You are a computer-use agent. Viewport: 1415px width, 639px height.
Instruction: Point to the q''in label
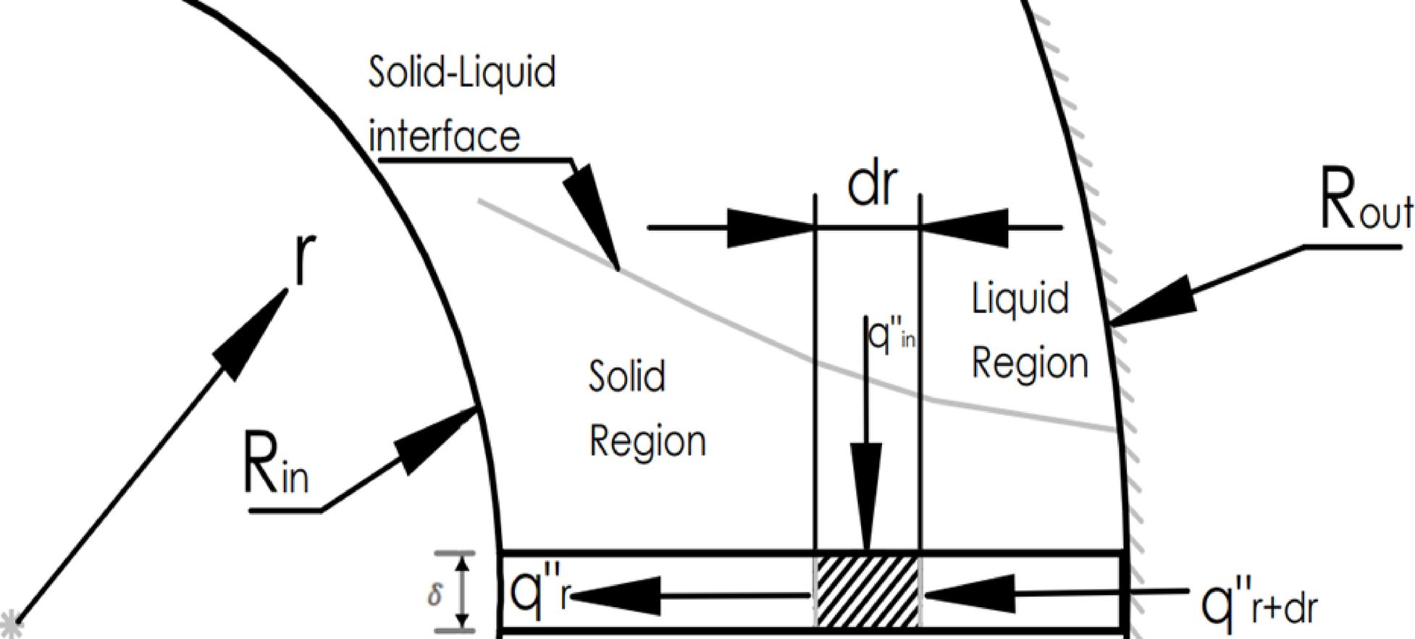(x=891, y=334)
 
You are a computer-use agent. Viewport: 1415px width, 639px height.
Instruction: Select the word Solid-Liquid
(x=462, y=72)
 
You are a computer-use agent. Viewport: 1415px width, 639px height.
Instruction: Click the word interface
(x=445, y=135)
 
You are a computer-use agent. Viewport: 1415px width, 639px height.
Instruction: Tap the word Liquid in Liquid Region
(x=1020, y=298)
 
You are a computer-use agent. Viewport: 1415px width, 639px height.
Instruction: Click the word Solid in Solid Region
(x=627, y=376)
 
